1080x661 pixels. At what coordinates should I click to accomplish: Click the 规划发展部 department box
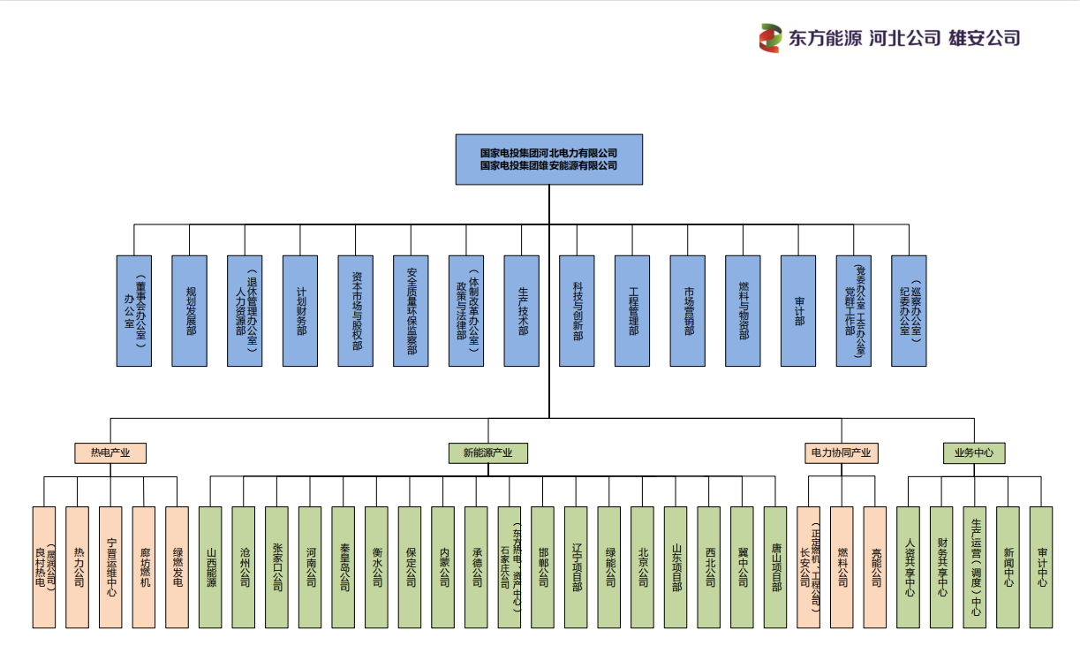[x=189, y=310]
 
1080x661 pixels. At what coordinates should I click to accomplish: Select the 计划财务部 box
[x=300, y=310]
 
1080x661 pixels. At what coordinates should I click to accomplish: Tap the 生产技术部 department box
[x=521, y=310]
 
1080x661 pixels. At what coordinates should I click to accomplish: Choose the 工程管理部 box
[x=632, y=310]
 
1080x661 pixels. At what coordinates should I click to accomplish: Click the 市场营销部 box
[x=688, y=310]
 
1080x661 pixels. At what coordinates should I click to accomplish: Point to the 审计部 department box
[x=798, y=310]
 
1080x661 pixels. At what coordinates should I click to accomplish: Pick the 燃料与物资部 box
[x=743, y=310]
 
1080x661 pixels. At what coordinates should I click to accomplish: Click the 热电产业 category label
[x=110, y=453]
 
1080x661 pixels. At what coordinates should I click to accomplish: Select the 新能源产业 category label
[x=487, y=453]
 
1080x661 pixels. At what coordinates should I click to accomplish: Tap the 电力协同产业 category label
[x=841, y=453]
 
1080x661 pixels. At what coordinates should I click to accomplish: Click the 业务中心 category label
[x=974, y=453]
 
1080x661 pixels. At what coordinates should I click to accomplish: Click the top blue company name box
[x=548, y=159]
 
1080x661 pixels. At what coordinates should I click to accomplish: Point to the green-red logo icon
[x=771, y=38]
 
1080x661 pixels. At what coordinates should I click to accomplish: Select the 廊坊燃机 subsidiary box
[x=144, y=567]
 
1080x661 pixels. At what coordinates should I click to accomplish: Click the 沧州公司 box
[x=244, y=567]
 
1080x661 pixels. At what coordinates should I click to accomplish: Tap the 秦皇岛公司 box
[x=344, y=567]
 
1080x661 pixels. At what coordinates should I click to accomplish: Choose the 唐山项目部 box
[x=775, y=567]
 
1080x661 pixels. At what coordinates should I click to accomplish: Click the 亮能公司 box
[x=875, y=567]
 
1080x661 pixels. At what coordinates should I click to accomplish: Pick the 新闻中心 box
[x=1008, y=567]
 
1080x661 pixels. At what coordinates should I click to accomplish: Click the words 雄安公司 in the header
[x=984, y=38]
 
